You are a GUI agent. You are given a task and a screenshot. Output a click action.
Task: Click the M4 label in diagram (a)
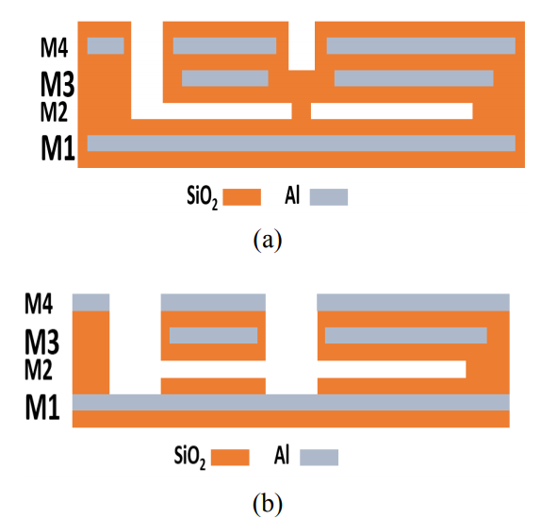pos(54,47)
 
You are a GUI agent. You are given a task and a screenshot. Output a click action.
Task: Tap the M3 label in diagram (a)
pos(57,84)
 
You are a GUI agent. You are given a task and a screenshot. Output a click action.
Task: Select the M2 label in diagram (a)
pos(54,111)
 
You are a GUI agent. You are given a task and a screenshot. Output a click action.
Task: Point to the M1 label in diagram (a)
pos(57,147)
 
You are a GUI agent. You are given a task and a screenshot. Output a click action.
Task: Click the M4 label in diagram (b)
pos(39,304)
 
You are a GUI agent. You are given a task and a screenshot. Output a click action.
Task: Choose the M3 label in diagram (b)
pos(41,342)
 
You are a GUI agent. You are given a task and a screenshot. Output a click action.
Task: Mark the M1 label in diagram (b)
pos(42,407)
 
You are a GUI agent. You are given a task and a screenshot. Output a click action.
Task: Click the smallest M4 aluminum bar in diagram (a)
pos(106,46)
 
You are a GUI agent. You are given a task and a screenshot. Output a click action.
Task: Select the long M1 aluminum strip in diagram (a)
pos(302,143)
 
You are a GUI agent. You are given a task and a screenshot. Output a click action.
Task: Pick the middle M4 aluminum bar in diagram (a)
pos(224,46)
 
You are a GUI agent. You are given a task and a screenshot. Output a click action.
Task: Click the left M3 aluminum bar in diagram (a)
pos(225,78)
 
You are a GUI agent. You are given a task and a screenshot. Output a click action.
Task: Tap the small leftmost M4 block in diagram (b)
pos(90,302)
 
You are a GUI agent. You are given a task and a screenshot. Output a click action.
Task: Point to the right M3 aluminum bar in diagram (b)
pos(405,335)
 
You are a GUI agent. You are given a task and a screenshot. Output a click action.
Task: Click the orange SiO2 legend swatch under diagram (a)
pos(242,197)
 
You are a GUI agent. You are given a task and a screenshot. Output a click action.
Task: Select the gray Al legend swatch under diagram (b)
pos(319,458)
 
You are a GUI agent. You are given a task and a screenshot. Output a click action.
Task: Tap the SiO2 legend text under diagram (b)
pos(189,458)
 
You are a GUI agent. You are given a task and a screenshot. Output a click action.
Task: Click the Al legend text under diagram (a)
pos(292,196)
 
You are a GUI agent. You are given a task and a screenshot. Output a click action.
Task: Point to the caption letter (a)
pos(268,240)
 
